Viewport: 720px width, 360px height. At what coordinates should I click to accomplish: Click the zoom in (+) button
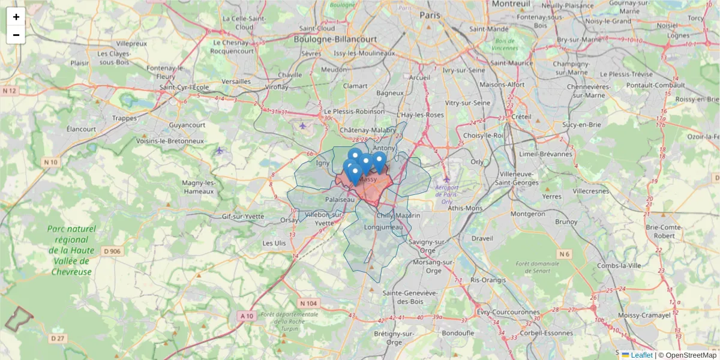click(16, 17)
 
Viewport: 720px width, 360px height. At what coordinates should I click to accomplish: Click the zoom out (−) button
click(16, 35)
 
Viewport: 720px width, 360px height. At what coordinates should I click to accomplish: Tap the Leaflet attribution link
click(641, 355)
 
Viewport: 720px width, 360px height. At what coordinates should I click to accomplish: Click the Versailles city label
click(236, 82)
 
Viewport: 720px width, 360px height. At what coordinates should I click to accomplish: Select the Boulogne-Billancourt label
click(335, 39)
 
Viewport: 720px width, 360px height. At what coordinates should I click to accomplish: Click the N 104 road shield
click(308, 304)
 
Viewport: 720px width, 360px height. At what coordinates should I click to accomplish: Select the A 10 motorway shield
click(247, 316)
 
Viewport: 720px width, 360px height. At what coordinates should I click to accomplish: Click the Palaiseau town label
click(340, 199)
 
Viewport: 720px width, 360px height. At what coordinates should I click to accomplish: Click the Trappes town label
click(124, 118)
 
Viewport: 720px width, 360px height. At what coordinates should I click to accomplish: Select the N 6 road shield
click(563, 254)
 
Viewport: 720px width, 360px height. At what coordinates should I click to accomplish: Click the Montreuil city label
click(511, 4)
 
